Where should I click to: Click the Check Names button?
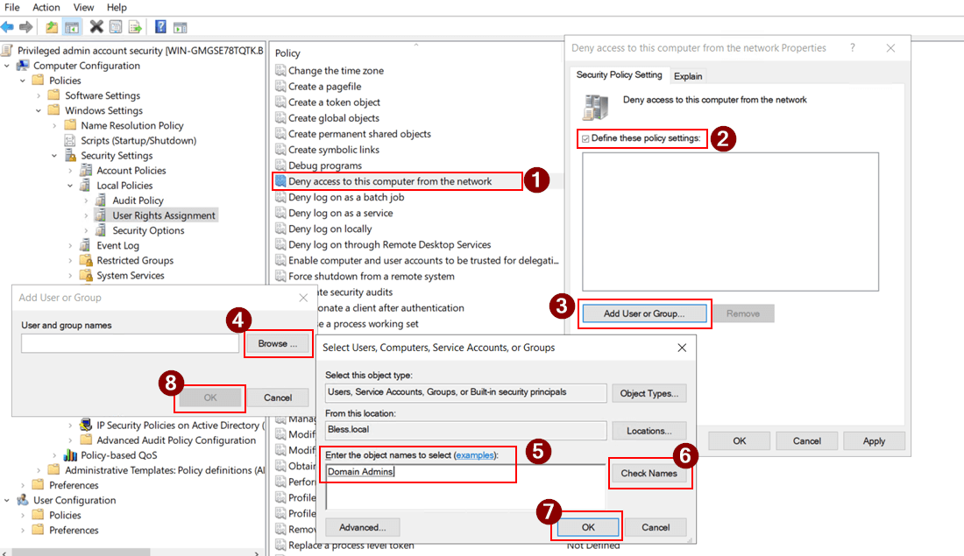[649, 474]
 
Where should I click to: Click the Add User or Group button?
[643, 313]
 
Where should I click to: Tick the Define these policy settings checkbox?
[585, 138]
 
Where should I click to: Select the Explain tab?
[688, 76]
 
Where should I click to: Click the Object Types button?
[649, 393]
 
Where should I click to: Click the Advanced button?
[362, 527]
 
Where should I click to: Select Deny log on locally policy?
[330, 229]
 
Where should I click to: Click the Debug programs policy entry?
[324, 165]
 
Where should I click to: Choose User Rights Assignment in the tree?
[163, 215]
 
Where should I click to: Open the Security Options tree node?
[148, 230]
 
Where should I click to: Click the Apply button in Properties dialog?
[874, 440]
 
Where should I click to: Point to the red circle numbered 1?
[535, 180]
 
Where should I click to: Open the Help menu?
[117, 7]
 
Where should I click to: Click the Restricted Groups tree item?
[135, 260]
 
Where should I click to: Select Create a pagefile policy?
[324, 87]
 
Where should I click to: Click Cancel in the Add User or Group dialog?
[278, 398]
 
